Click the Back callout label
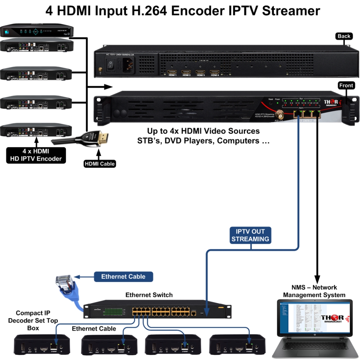pyautogui.click(x=344, y=36)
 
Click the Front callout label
pyautogui.click(x=346, y=86)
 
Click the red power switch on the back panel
pyautogui.click(x=112, y=64)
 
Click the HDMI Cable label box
pyautogui.click(x=99, y=164)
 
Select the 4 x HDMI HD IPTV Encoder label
pyautogui.click(x=36, y=155)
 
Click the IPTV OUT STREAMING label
pyautogui.click(x=250, y=235)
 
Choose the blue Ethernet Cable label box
pyautogui.click(x=123, y=276)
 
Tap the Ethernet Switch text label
pyautogui.click(x=149, y=295)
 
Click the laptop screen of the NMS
pyautogui.click(x=314, y=319)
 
